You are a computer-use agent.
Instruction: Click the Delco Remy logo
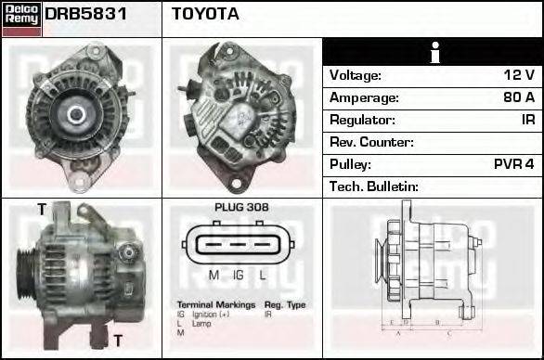[21, 18]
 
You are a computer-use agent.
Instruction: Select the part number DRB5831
[84, 14]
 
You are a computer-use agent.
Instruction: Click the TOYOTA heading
[205, 14]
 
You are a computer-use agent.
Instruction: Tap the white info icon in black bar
[432, 52]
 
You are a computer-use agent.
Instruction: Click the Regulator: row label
[362, 120]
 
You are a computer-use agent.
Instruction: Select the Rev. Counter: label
[371, 142]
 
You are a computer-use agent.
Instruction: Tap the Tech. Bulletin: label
[374, 186]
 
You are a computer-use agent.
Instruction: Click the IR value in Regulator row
[527, 120]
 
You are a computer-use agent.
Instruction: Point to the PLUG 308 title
[241, 208]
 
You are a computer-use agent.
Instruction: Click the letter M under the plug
[214, 275]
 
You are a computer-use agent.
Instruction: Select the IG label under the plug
[239, 275]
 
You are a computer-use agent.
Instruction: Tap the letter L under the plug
[263, 275]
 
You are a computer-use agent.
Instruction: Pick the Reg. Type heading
[285, 304]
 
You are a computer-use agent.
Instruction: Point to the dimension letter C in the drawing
[448, 331]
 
